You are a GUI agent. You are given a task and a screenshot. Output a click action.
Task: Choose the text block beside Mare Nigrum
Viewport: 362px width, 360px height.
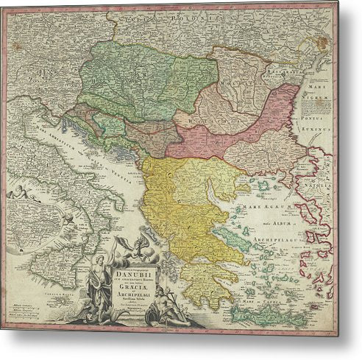318,107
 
